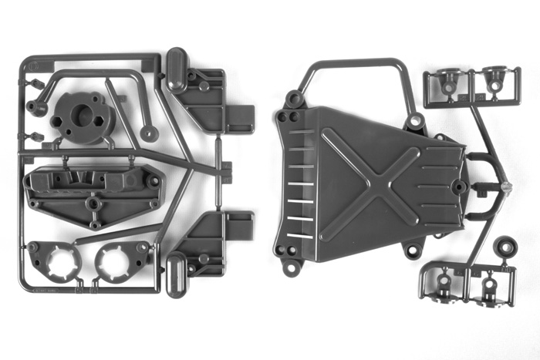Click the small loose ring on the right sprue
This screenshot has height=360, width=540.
pyautogui.click(x=505, y=248)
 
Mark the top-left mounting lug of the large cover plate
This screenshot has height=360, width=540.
pyautogui.click(x=294, y=99)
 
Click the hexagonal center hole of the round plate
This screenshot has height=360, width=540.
pyautogui.click(x=80, y=116)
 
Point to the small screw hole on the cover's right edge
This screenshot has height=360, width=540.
pyautogui.click(x=460, y=187)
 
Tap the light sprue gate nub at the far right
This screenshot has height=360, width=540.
pyautogui.click(x=505, y=187)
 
